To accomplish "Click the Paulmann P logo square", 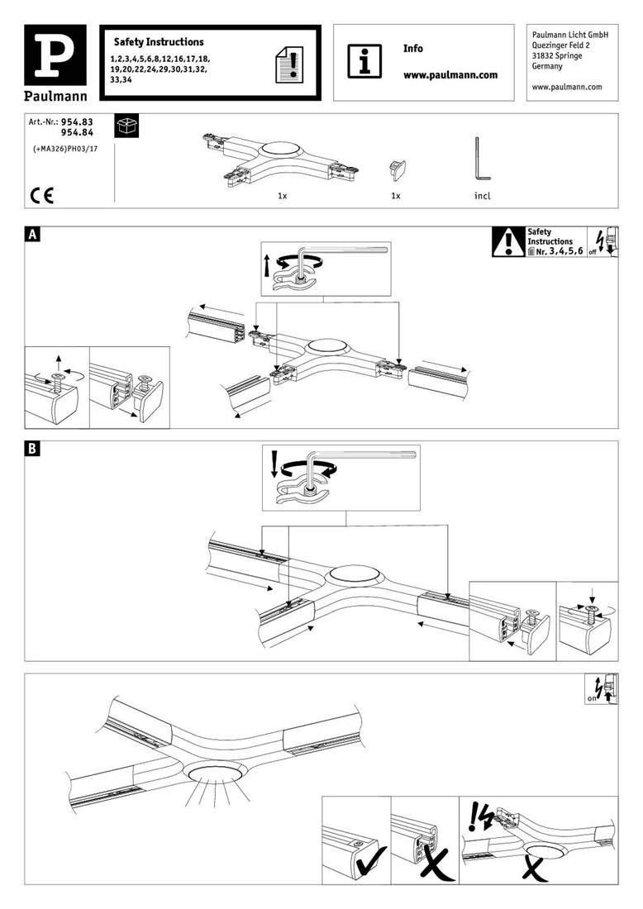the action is (55, 55).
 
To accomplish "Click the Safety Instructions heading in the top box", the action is (159, 42).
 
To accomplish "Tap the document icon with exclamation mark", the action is (288, 64).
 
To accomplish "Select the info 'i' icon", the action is (364, 60).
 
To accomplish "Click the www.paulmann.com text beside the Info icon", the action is (450, 74).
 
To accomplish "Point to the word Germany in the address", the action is (547, 66).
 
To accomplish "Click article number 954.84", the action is (77, 132).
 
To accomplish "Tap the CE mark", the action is (42, 196).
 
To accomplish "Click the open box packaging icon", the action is (127, 126).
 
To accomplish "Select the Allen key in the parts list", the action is (481, 159).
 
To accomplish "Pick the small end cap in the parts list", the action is (398, 169).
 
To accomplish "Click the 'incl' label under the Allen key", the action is (483, 196).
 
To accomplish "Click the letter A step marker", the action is (33, 234).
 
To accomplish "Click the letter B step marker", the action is (33, 448).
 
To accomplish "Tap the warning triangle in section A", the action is (508, 242).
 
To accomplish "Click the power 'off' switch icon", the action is (603, 242).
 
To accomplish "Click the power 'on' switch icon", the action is (602, 689).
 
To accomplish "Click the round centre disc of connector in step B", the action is (353, 574).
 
